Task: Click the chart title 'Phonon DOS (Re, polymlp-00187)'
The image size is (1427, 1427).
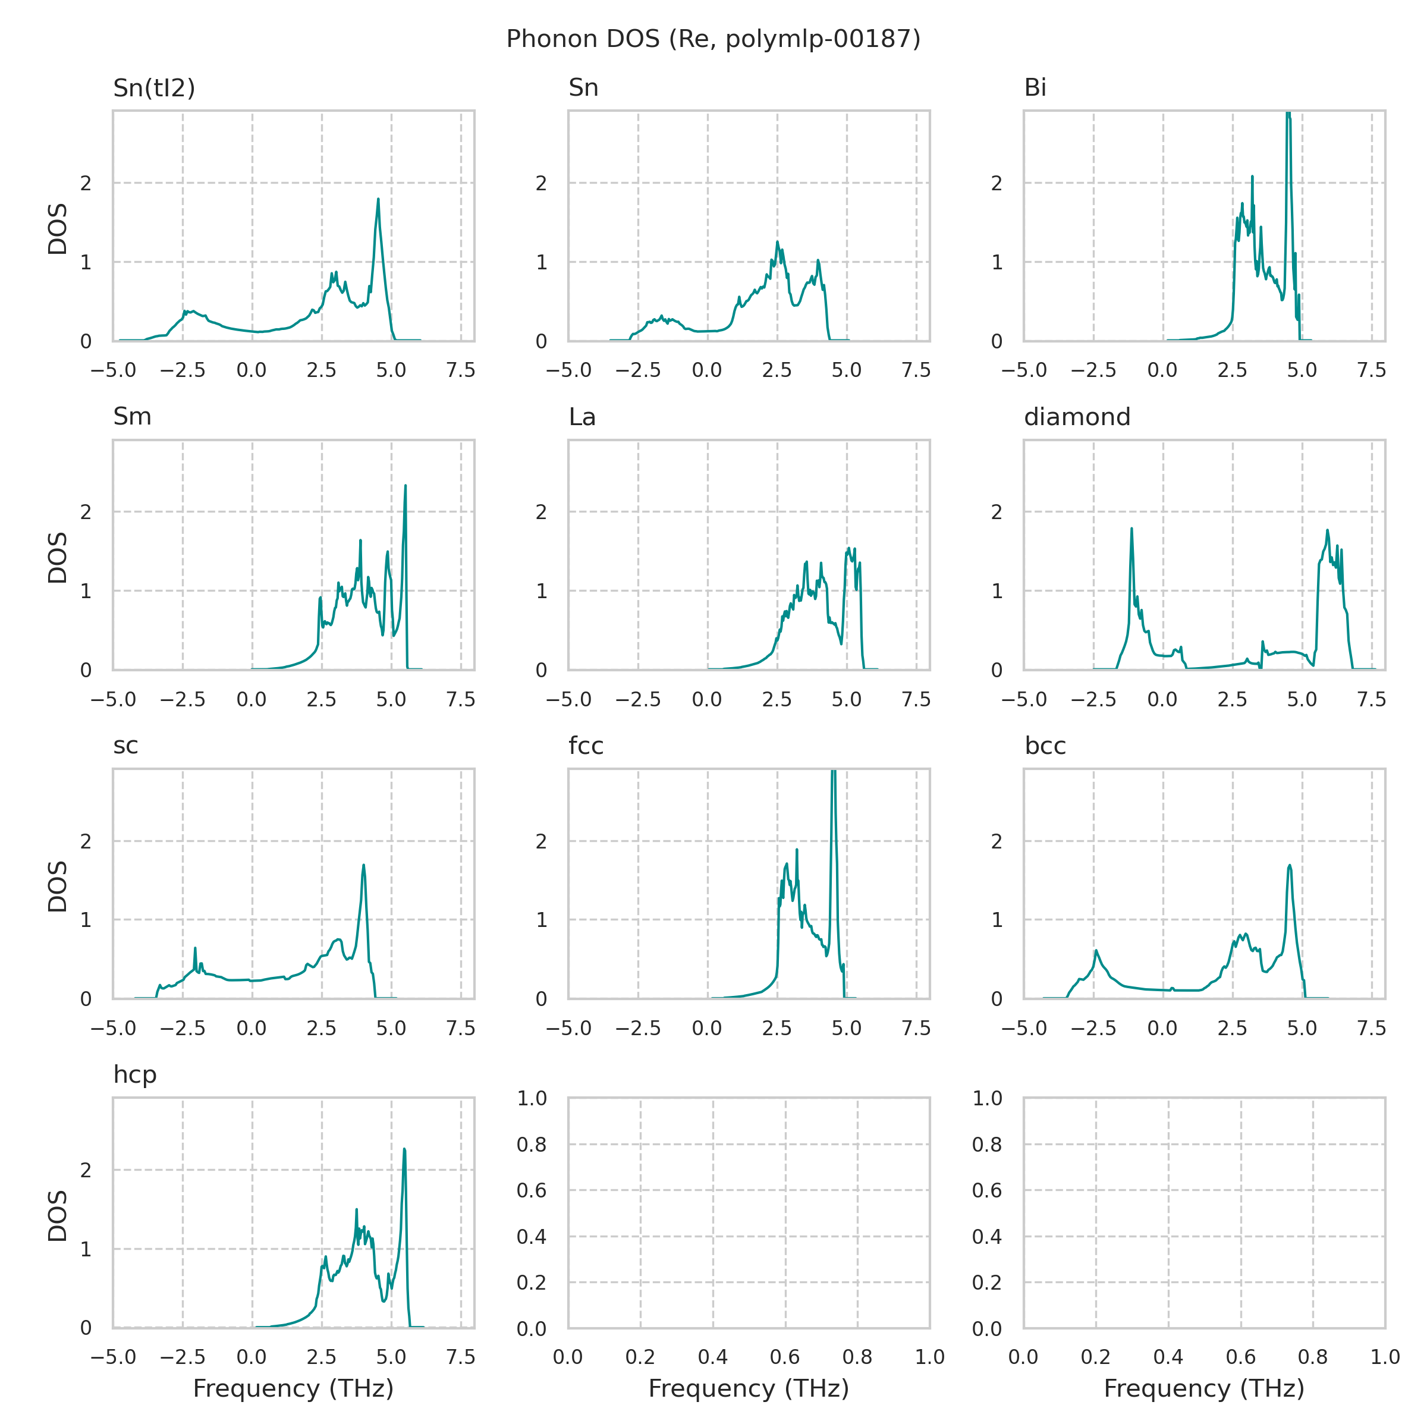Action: click(x=713, y=39)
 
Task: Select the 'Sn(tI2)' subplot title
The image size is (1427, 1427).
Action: click(x=153, y=88)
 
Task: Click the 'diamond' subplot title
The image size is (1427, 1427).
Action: click(x=1076, y=417)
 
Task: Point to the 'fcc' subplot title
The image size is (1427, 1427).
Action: click(x=586, y=746)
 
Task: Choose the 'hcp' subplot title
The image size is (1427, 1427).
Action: click(x=134, y=1074)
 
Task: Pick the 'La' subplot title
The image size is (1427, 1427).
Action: click(x=582, y=417)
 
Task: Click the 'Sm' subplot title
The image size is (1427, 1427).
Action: click(x=132, y=417)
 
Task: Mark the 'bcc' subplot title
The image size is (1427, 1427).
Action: click(x=1045, y=746)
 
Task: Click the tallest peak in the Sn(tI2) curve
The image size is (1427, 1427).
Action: click(x=378, y=199)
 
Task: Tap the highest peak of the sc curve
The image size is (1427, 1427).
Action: click(x=363, y=866)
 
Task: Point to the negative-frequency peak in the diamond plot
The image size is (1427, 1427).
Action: click(x=1131, y=529)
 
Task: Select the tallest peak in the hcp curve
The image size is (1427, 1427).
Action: click(x=404, y=1149)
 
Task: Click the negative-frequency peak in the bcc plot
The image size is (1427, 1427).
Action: click(x=1096, y=951)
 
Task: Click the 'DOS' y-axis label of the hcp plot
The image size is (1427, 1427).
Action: click(x=58, y=1215)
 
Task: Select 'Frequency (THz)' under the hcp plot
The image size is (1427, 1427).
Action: click(x=293, y=1388)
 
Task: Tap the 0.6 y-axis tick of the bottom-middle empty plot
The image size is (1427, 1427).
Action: click(x=531, y=1190)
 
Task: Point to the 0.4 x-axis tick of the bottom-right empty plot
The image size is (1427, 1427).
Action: click(x=1168, y=1357)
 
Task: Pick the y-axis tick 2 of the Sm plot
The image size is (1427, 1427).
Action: click(x=86, y=512)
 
